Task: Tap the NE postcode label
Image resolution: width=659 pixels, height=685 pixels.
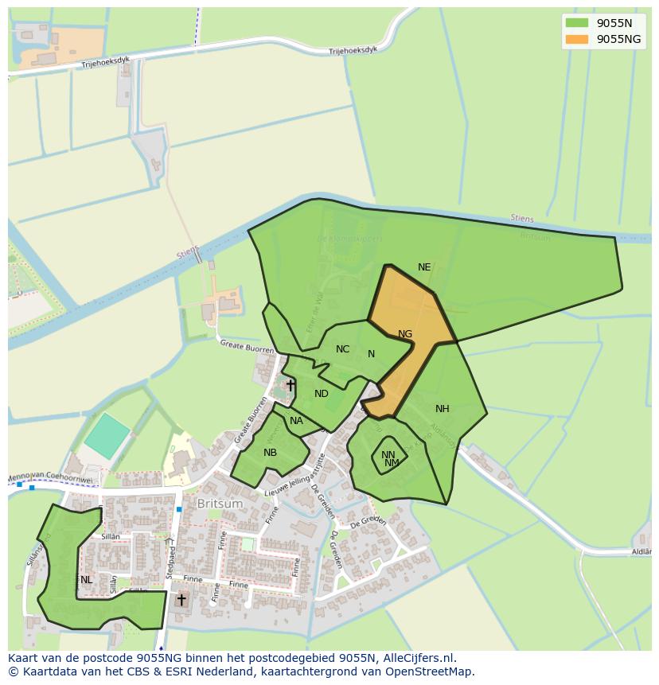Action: click(x=424, y=267)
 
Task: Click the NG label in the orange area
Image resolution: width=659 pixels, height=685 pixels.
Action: click(x=405, y=334)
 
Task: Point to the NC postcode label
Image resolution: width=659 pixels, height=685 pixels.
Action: click(x=342, y=349)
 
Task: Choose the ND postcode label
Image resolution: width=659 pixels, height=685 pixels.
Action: click(x=322, y=394)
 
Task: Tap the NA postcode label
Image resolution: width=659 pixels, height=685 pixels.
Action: click(x=296, y=421)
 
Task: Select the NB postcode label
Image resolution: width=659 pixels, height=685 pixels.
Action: click(x=271, y=453)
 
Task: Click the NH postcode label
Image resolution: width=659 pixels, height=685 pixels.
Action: click(x=443, y=409)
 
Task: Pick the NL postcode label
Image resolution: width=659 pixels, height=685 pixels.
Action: click(x=86, y=580)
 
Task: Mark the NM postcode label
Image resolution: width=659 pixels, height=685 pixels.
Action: click(x=392, y=463)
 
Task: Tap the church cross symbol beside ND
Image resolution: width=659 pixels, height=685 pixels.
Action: click(x=291, y=386)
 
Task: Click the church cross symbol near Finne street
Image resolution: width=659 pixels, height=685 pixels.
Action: click(x=181, y=599)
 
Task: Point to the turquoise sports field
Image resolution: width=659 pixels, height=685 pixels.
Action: click(x=107, y=435)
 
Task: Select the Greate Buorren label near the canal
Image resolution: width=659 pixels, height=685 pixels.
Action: click(x=247, y=346)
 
